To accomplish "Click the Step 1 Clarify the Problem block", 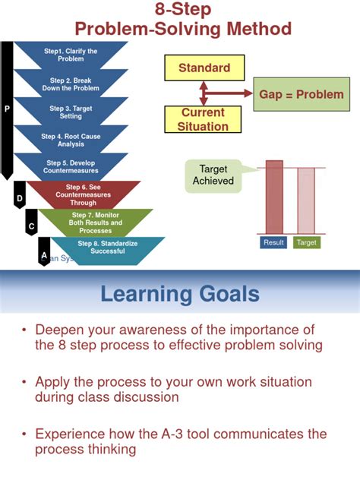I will [71, 55].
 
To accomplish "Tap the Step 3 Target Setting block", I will [71, 112].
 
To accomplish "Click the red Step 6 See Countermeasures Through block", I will [84, 194].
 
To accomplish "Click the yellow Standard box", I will [204, 68].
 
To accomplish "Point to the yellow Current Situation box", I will [203, 118].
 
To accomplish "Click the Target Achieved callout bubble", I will [213, 175].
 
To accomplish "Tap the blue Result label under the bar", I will [273, 243].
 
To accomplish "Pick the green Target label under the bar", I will [306, 243].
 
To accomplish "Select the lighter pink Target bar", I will [306, 201].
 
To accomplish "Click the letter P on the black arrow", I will [7, 109].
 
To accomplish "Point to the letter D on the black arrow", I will [20, 198].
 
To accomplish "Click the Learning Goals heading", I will [180, 294].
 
